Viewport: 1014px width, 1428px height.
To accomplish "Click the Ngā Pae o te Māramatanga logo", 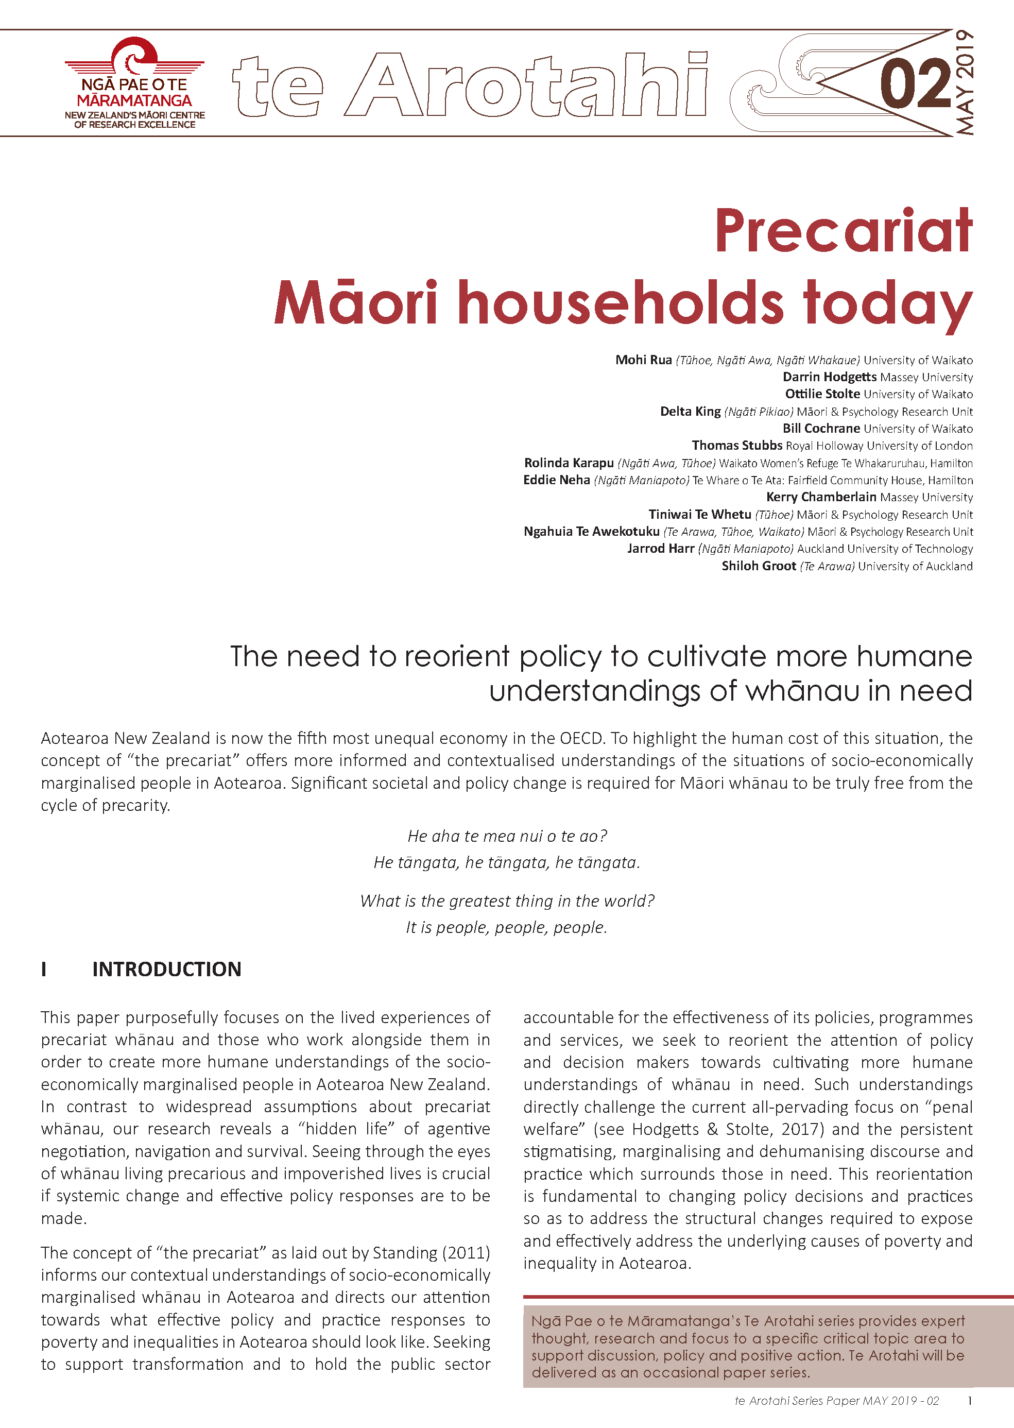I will point(134,83).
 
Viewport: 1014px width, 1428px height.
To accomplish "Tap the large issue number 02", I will point(915,83).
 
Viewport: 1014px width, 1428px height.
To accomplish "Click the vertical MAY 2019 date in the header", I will point(965,82).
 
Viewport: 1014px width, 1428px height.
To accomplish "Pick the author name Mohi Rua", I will point(643,360).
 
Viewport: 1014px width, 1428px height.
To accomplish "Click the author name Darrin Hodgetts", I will point(829,377).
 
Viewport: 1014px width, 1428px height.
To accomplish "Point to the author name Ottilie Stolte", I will point(822,394).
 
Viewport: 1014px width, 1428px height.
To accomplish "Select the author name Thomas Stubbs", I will point(737,445).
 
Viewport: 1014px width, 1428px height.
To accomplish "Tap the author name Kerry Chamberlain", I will point(821,497).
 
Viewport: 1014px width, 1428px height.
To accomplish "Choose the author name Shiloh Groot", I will point(759,566).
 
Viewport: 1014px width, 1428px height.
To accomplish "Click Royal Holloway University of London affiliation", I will point(879,446).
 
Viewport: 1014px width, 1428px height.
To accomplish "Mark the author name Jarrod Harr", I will point(661,548).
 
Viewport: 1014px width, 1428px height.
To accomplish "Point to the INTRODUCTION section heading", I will point(167,969).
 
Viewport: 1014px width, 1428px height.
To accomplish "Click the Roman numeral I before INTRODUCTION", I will point(44,969).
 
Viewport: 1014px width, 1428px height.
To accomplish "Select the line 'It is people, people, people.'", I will point(506,927).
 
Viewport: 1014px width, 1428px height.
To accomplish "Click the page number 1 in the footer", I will point(970,1401).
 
